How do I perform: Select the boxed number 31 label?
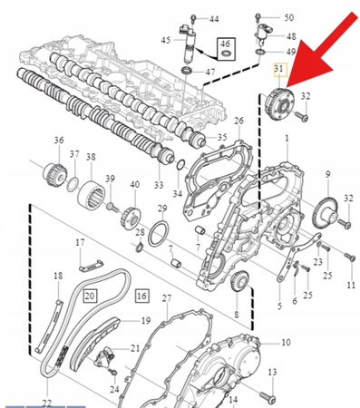(x=279, y=69)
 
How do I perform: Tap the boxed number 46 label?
(x=225, y=44)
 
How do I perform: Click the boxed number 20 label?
(x=91, y=296)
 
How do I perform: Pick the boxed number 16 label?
(x=142, y=296)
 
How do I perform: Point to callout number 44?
(x=214, y=18)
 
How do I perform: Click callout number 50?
(x=288, y=17)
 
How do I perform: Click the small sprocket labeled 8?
(x=240, y=282)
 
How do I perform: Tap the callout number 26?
(x=239, y=121)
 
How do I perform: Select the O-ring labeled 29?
(x=160, y=234)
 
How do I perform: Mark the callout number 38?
(x=91, y=158)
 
